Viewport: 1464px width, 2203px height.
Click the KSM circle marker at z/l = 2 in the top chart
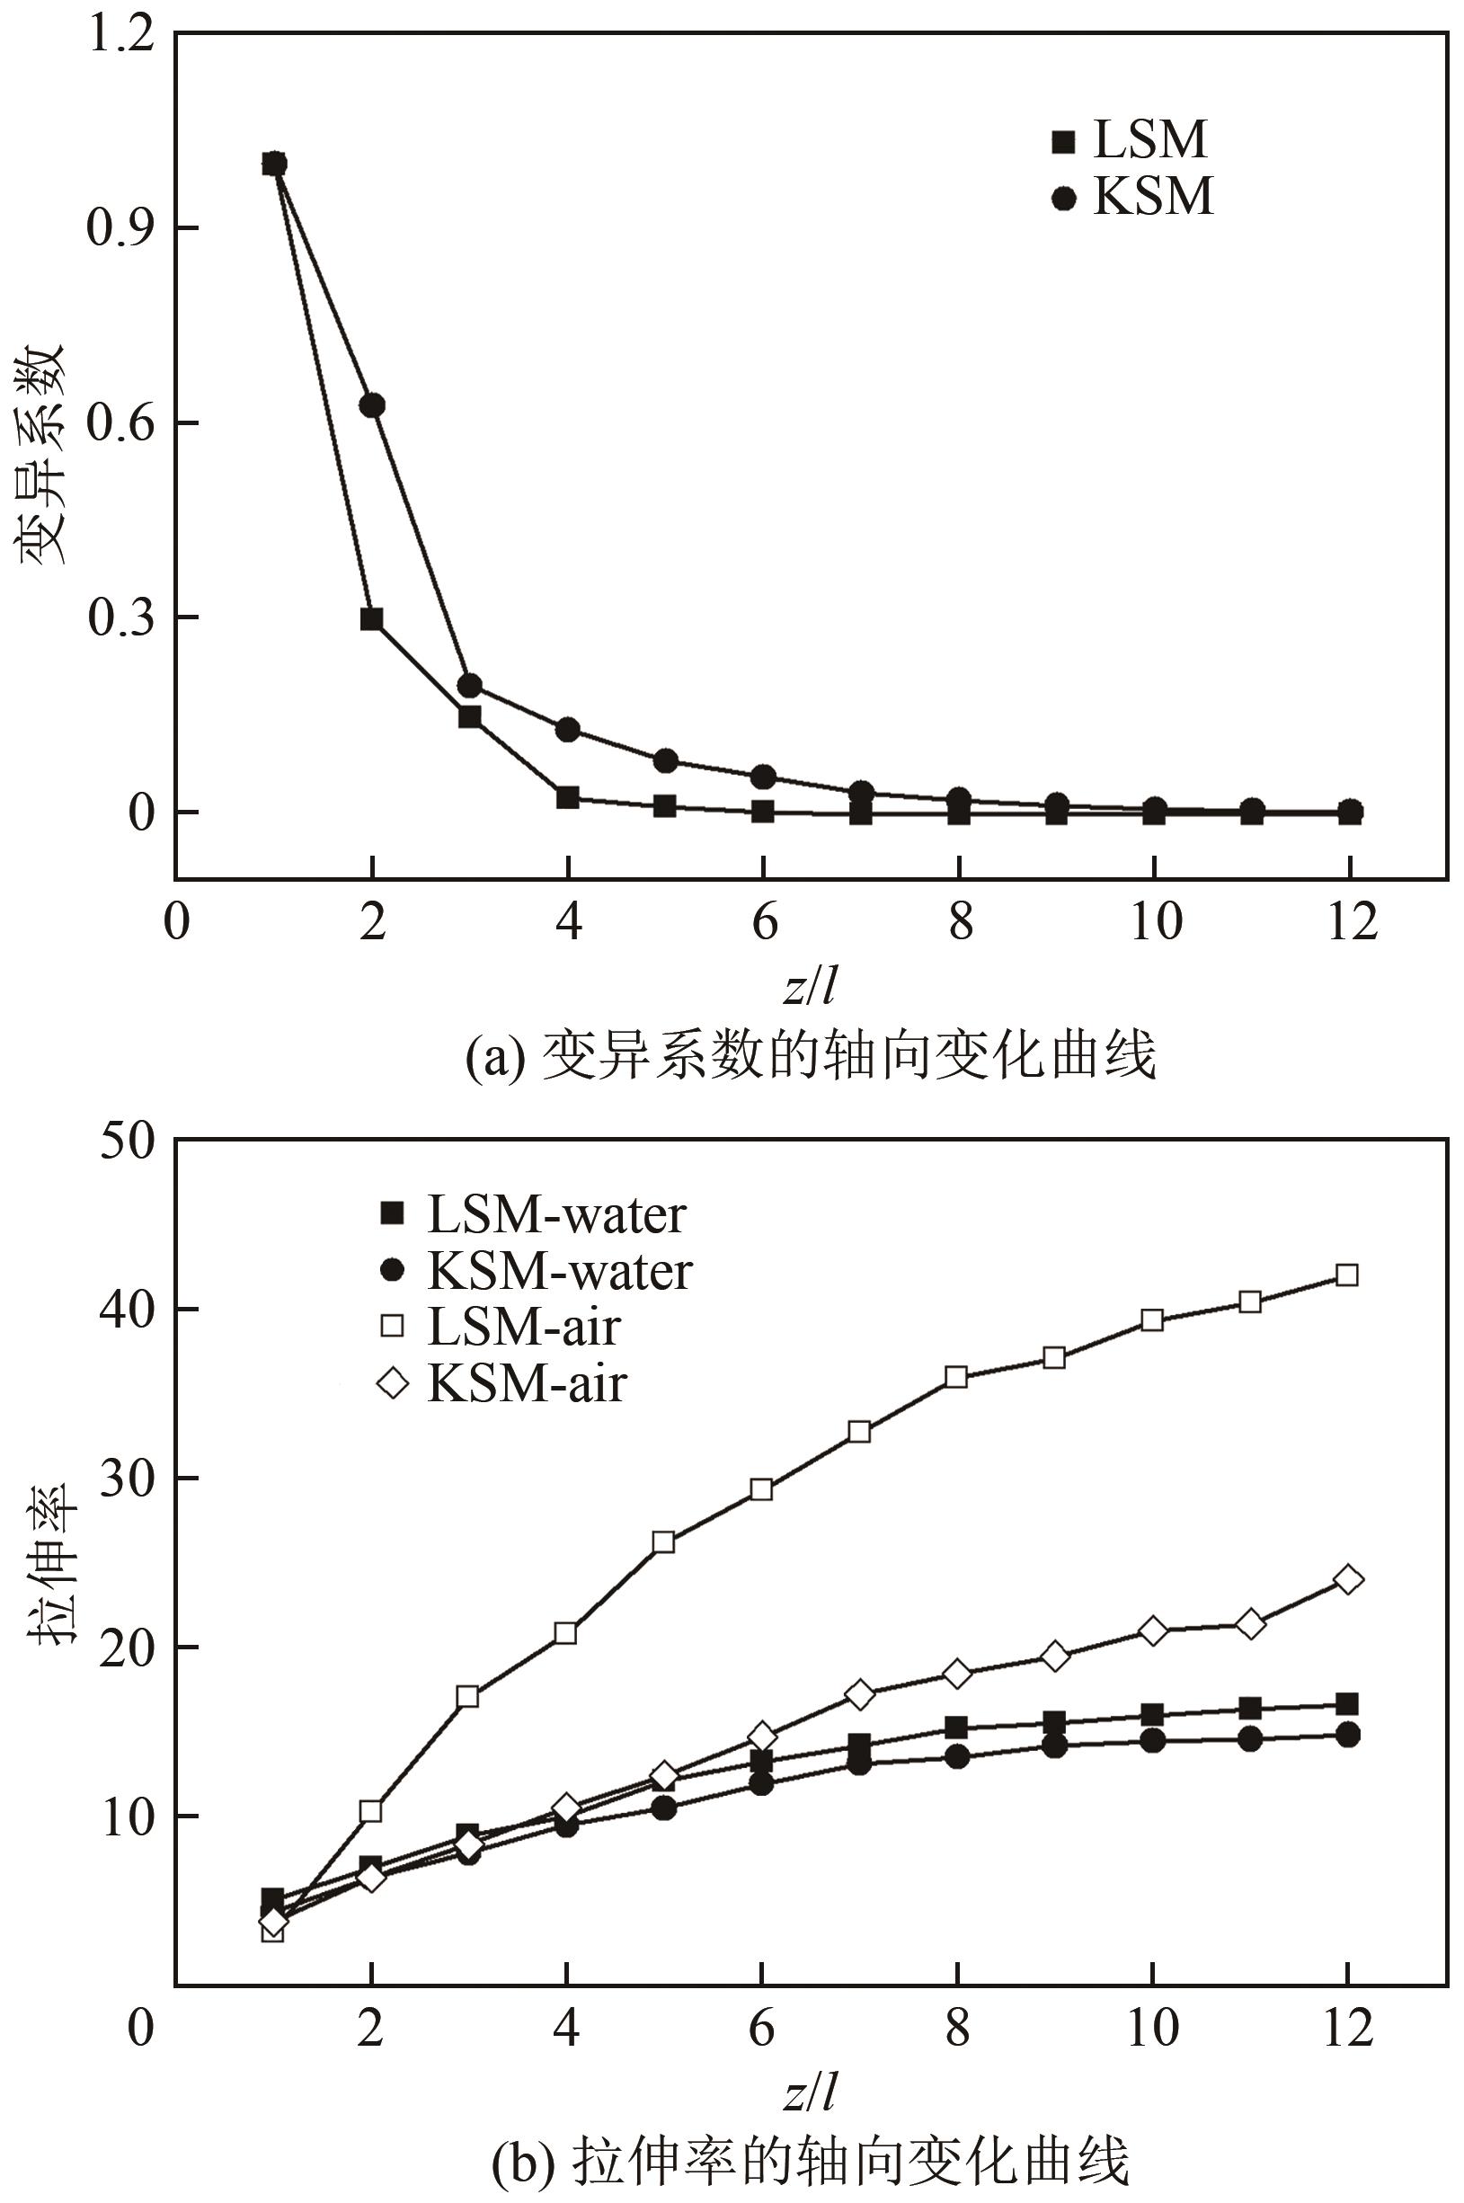tap(371, 405)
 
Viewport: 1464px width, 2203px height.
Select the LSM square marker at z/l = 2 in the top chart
tap(371, 619)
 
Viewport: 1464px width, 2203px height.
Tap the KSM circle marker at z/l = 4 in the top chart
tap(568, 729)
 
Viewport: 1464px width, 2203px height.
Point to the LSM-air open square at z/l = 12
tap(1347, 1275)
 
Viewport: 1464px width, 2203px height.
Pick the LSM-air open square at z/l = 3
tap(467, 1696)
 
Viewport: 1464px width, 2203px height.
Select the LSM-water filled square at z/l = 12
tap(1347, 1704)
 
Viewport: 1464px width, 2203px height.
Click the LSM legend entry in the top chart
tap(1130, 140)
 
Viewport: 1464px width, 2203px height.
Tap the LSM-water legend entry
tap(532, 1214)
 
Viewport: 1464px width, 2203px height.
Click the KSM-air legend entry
tap(501, 1383)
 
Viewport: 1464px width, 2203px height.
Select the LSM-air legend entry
tap(499, 1327)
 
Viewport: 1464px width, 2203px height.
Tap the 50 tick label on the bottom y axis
tap(127, 1141)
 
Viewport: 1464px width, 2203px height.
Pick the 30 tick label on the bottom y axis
tap(127, 1479)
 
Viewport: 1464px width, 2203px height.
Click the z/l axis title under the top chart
tap(810, 985)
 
